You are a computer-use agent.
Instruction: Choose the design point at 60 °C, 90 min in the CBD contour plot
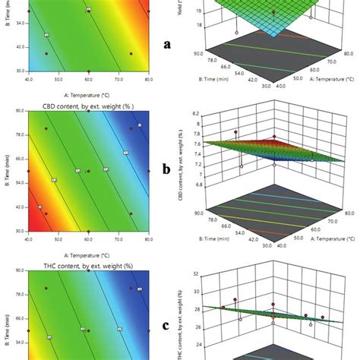(x=88, y=112)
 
